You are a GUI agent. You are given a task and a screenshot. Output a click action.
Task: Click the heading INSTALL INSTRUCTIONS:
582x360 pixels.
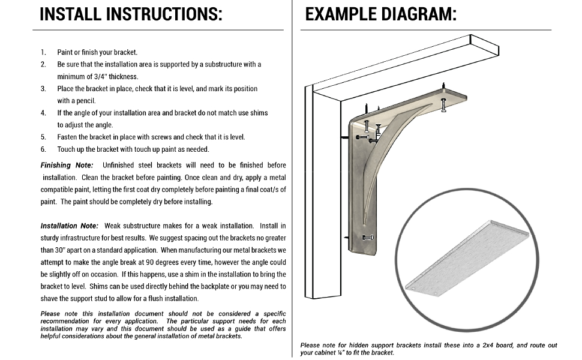[x=131, y=14]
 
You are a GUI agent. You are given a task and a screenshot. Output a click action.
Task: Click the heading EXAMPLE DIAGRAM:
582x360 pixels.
[x=380, y=14]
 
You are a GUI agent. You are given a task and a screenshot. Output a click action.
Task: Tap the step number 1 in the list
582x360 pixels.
[x=43, y=52]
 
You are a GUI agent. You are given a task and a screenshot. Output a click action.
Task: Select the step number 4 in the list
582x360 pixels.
[x=43, y=113]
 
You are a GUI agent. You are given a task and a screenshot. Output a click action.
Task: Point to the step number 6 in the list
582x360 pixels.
[x=43, y=149]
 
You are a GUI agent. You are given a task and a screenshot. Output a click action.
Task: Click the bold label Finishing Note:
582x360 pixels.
[x=67, y=165]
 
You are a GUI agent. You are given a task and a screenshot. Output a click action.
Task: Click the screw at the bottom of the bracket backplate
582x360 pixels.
[x=367, y=237]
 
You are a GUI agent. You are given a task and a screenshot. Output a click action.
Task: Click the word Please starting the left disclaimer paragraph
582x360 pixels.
[x=50, y=314]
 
